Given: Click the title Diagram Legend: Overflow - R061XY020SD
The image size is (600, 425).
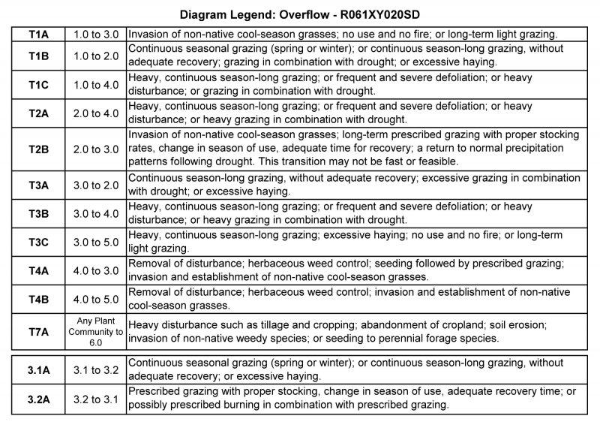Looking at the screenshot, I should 300,14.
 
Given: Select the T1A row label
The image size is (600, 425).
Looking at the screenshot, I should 38,35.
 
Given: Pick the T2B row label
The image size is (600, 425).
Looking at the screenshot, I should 38,149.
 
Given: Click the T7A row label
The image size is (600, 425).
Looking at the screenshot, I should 38,331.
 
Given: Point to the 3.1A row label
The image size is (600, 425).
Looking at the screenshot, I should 38,369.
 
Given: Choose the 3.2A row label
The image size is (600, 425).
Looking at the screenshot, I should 38,398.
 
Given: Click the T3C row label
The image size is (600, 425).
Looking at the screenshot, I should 38,243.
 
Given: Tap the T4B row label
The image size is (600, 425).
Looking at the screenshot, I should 38,299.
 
